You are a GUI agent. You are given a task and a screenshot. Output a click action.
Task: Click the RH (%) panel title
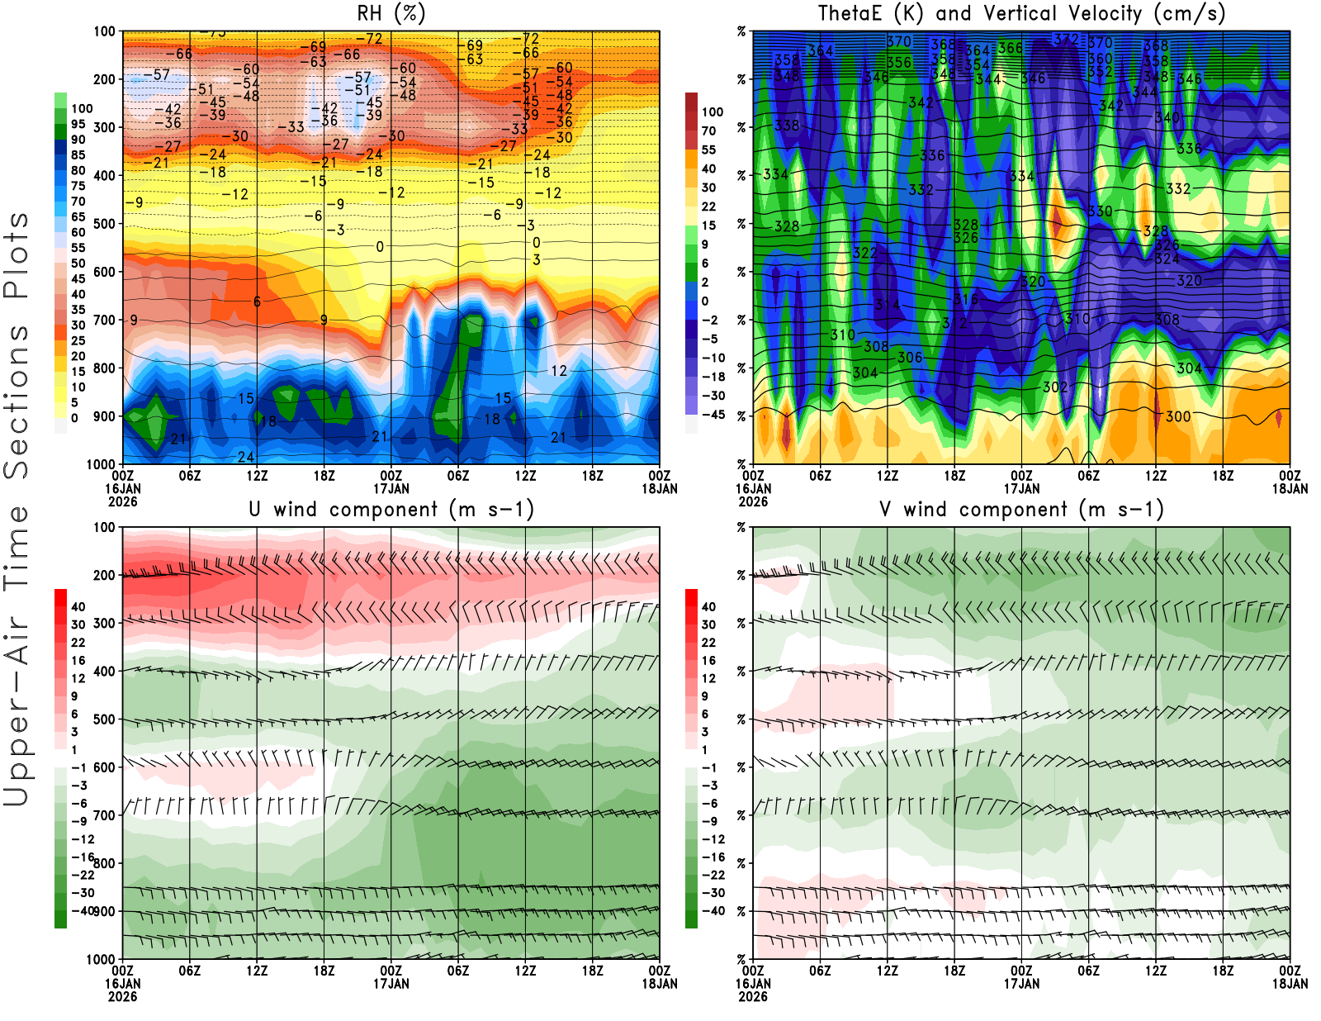[391, 13]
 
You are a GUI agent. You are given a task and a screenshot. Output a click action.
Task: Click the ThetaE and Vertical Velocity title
[1021, 13]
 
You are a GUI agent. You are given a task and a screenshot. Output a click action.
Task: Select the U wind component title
[391, 509]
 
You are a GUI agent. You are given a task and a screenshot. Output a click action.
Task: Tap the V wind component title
[1021, 509]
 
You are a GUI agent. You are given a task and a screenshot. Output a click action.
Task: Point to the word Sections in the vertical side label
[17, 401]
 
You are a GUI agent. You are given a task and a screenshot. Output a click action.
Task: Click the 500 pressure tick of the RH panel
[104, 224]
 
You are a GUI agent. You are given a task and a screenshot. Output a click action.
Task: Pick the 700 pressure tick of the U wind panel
[104, 815]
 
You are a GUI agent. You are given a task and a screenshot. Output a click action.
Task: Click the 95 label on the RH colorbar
[78, 124]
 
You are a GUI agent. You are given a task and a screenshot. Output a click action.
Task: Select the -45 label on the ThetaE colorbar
[713, 415]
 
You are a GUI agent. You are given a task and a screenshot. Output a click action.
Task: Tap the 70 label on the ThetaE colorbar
[708, 131]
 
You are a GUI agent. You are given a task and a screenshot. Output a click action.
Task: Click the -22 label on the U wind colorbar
[83, 875]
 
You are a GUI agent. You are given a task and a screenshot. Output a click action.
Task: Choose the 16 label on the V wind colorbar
[708, 660]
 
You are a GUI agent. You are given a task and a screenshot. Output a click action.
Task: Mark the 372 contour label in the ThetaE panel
[1066, 39]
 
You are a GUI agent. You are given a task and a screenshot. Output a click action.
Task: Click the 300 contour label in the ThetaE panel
[1178, 416]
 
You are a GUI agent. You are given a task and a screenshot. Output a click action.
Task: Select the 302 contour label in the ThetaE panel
[1055, 387]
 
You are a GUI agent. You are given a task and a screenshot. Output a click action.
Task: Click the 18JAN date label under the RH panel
[660, 488]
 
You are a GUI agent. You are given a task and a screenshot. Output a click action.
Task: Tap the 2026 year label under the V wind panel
[753, 996]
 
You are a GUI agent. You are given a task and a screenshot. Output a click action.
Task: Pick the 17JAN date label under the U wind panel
[391, 984]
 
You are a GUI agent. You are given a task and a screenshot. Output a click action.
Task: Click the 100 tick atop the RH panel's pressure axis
[104, 31]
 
